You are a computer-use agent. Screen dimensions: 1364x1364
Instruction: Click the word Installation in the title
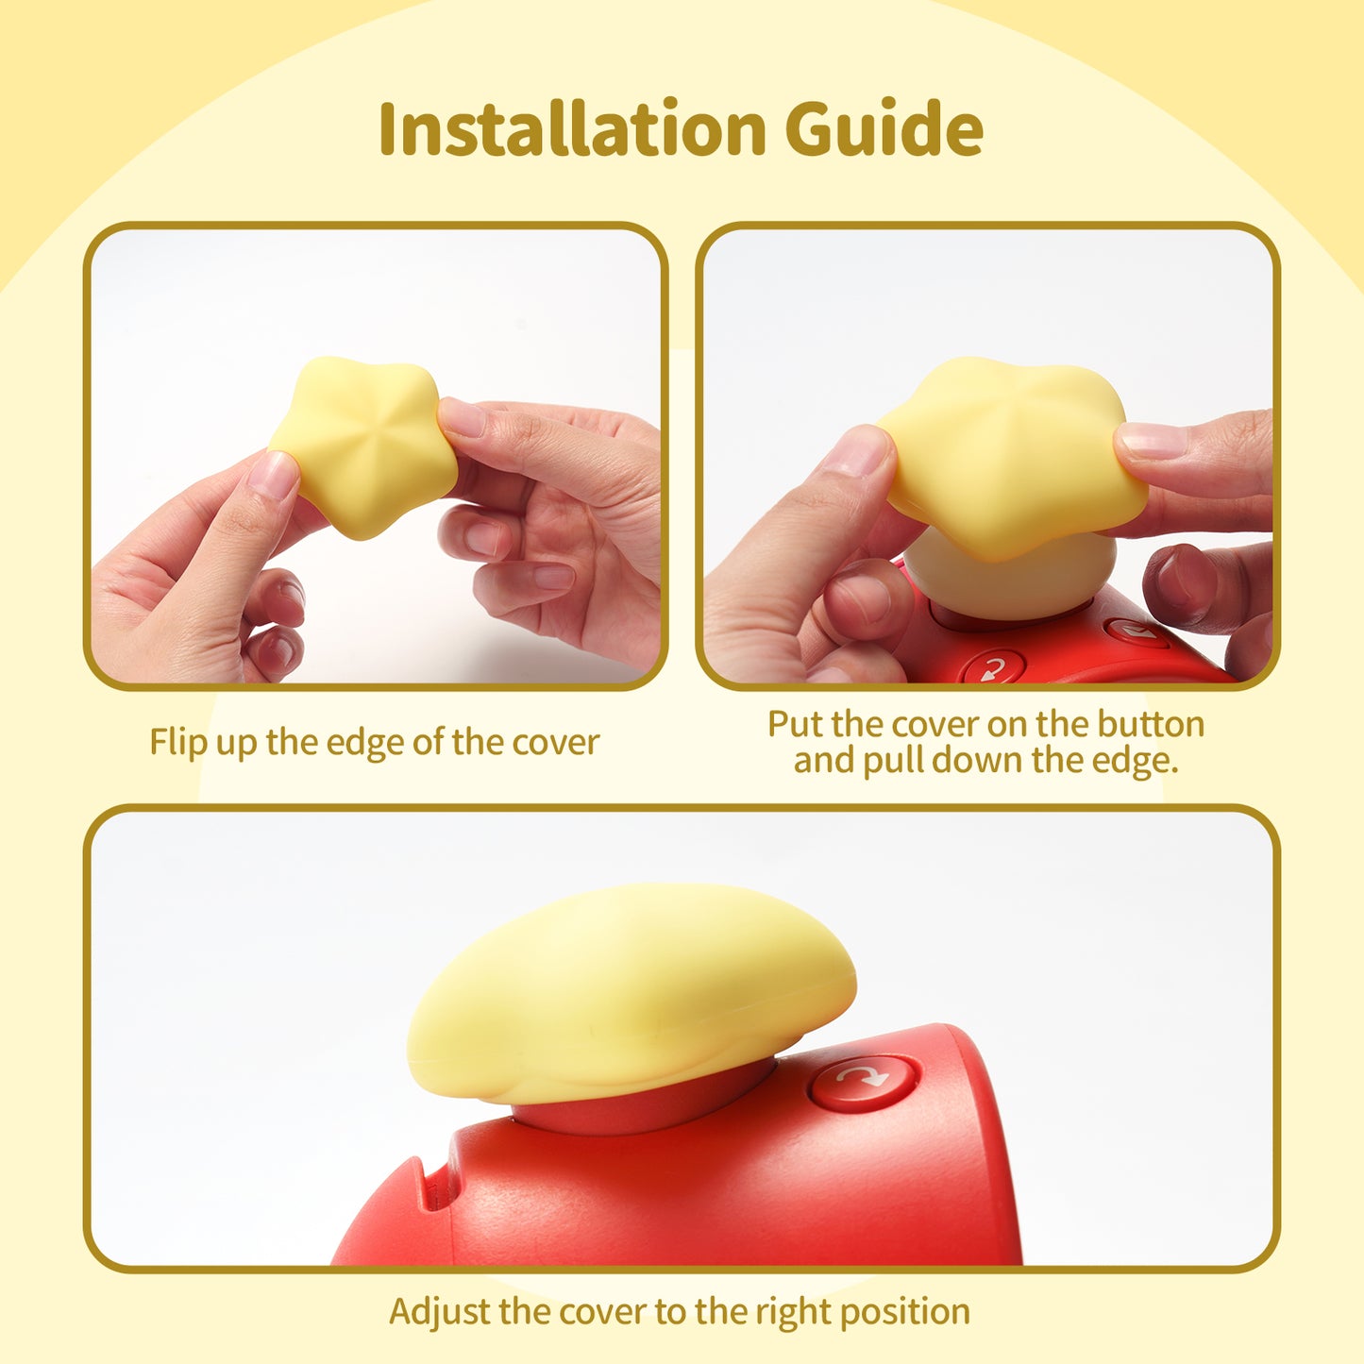[571, 128]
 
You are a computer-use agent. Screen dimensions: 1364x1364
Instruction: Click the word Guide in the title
[884, 128]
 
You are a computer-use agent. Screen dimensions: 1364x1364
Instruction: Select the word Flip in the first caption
[178, 742]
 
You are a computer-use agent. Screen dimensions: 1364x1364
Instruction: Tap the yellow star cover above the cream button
[1010, 458]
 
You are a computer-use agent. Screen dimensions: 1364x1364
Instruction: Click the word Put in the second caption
[796, 724]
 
